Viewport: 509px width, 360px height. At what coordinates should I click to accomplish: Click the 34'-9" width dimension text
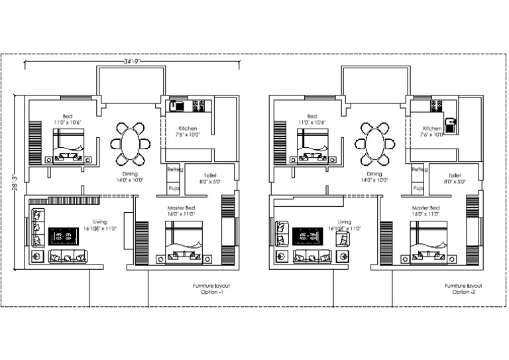pos(133,60)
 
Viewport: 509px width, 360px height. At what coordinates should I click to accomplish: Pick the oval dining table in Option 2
pos(374,144)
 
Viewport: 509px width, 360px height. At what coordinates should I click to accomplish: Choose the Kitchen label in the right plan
pos(432,129)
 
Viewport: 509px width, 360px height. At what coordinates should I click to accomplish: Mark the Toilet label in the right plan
pos(454,175)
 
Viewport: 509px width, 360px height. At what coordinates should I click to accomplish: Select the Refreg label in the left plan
pos(174,170)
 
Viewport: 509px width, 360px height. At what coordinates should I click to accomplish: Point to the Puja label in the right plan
pos(418,188)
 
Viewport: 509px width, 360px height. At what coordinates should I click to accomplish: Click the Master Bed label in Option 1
pos(180,208)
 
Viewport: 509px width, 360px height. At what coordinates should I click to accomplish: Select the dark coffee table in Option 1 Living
pos(64,236)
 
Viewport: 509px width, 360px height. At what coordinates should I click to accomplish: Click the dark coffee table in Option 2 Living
pos(307,236)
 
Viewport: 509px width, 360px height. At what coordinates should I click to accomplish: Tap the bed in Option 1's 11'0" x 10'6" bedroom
pos(69,145)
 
